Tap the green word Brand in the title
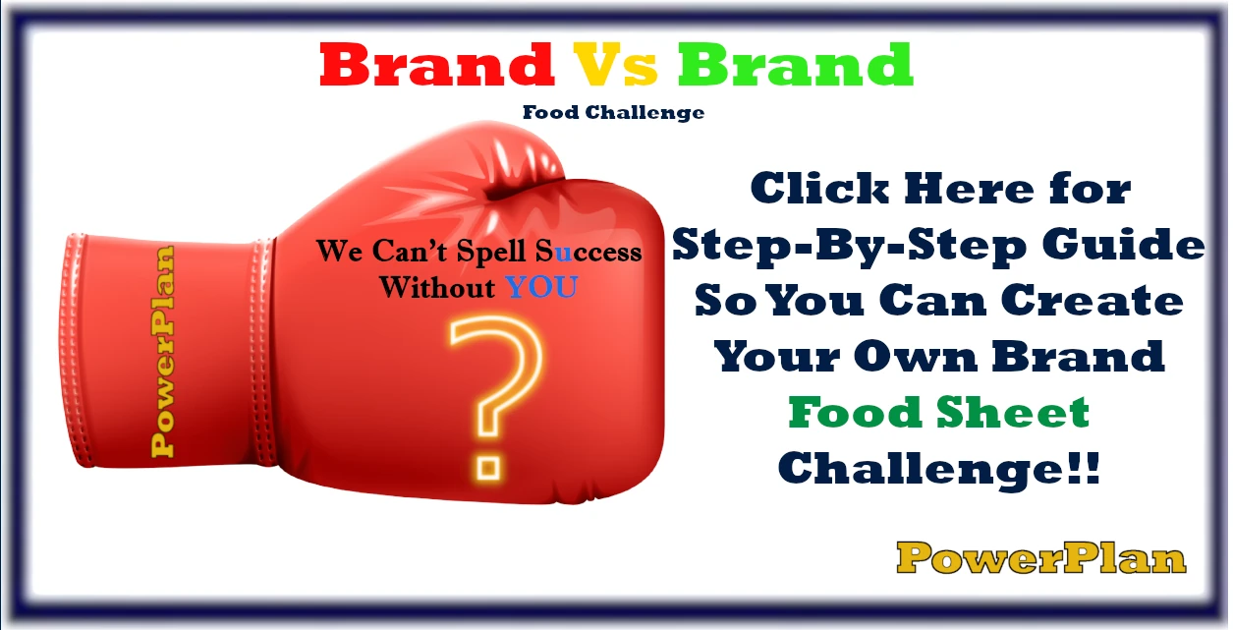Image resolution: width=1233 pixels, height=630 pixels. pos(796,65)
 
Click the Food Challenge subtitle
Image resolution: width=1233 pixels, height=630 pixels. pos(613,112)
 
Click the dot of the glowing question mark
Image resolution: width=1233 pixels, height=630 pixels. pos(486,462)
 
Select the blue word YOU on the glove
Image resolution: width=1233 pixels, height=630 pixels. pos(541,288)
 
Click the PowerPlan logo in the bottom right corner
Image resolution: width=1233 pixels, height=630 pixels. pos(1041,558)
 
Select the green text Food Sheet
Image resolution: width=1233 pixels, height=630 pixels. pos(939,413)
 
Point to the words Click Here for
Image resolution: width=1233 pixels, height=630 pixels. pos(939,190)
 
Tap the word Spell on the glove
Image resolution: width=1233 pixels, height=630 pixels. pos(481,252)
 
